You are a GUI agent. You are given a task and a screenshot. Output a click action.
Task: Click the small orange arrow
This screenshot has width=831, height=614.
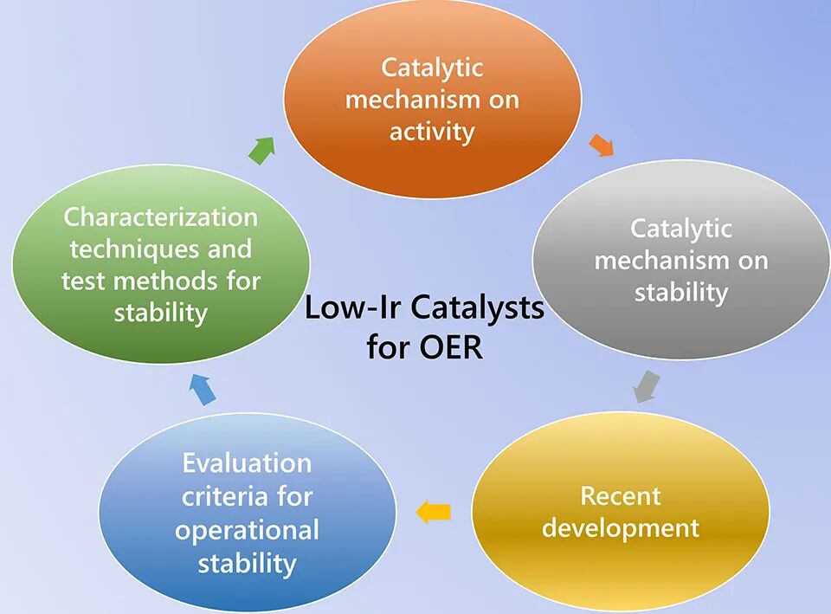(601, 145)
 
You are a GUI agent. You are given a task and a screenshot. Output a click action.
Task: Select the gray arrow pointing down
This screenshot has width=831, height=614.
(646, 386)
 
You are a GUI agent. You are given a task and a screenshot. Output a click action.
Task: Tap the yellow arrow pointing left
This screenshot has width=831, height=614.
(433, 513)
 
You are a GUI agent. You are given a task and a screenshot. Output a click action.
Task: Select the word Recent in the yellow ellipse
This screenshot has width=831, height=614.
(620, 496)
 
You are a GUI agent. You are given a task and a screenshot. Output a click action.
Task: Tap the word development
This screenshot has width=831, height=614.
(620, 527)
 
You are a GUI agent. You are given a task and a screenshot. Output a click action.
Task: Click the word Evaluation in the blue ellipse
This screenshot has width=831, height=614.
(247, 463)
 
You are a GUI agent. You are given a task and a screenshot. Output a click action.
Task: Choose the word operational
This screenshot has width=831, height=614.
(247, 529)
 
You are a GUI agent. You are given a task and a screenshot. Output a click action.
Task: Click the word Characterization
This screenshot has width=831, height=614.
(161, 216)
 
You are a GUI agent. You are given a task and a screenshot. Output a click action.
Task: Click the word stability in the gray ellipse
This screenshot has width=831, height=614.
(680, 292)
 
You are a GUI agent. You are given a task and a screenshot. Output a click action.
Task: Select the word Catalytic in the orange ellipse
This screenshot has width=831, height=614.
(432, 67)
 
